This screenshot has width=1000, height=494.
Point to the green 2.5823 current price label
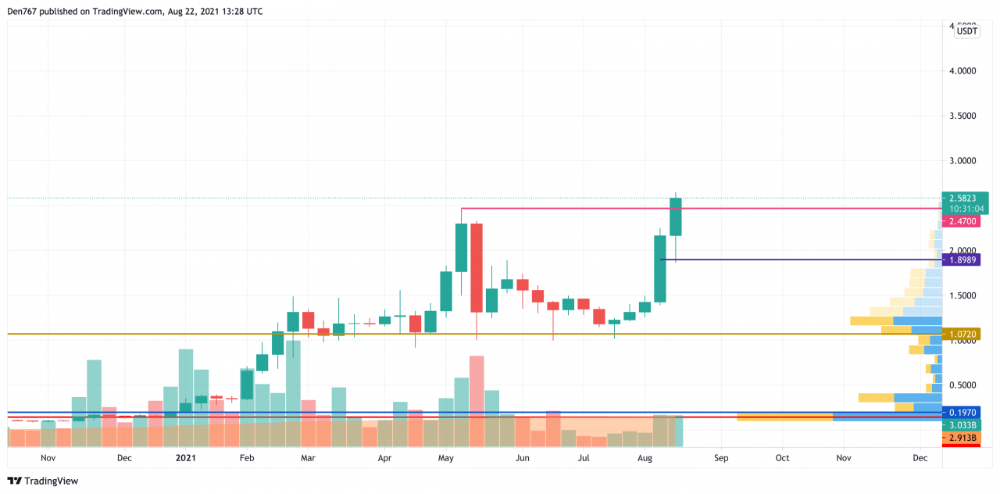click(966, 199)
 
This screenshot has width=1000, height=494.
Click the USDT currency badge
click(966, 31)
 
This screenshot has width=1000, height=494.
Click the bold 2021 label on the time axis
click(186, 458)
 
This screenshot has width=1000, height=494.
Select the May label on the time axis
click(446, 458)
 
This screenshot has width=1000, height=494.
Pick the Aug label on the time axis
click(645, 458)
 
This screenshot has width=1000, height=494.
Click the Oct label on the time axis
click(782, 458)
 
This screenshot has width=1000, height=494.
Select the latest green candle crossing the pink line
click(676, 217)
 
